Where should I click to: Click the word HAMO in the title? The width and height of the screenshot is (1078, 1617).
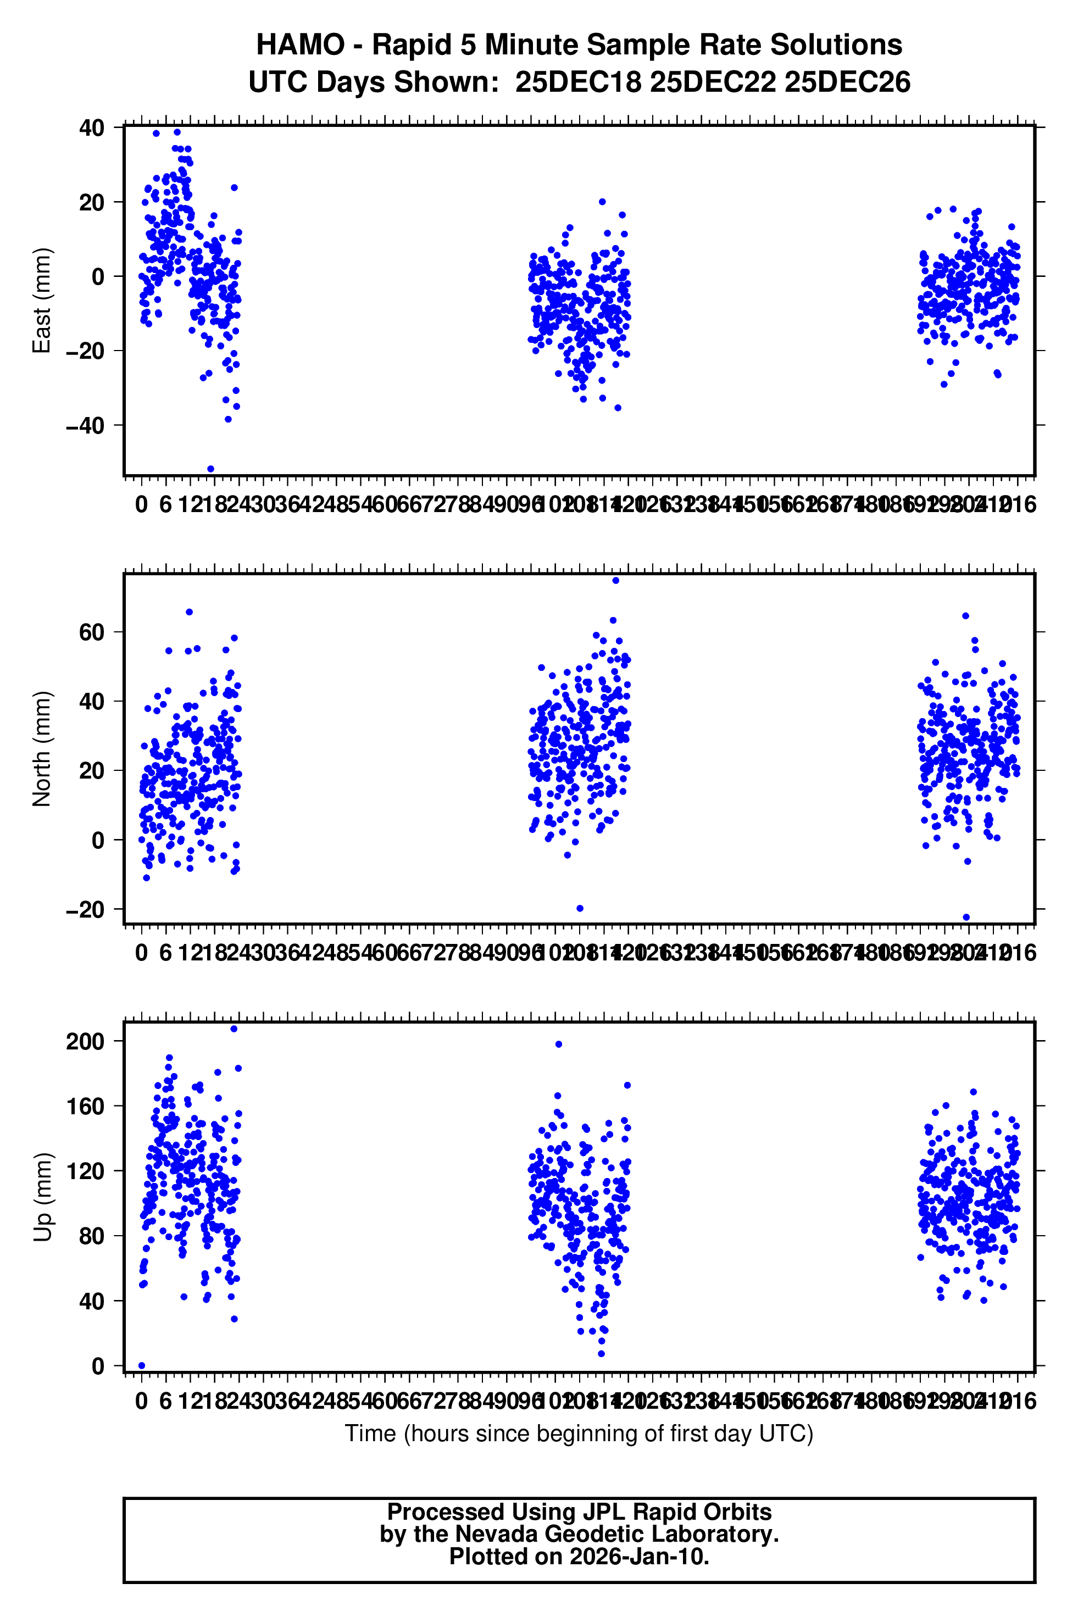click(301, 46)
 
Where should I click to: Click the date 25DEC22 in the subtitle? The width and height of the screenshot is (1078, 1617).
click(712, 82)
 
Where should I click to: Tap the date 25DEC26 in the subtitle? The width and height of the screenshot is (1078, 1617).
click(847, 82)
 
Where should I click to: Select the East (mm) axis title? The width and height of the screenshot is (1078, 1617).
click(42, 301)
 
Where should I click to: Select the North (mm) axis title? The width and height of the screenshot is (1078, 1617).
click(42, 749)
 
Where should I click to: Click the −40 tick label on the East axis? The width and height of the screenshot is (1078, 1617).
click(85, 426)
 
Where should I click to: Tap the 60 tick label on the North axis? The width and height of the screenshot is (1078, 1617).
click(91, 632)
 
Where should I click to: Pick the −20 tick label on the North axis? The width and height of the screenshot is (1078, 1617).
click(85, 909)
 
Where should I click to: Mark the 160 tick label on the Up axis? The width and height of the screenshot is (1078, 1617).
click(85, 1106)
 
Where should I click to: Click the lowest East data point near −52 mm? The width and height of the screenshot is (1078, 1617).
click(210, 469)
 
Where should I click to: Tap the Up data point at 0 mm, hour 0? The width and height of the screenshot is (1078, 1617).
click(142, 1365)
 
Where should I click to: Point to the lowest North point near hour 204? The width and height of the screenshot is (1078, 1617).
click(966, 917)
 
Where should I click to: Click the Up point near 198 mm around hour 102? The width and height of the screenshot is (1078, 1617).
click(559, 1044)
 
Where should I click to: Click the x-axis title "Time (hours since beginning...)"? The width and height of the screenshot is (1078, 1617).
click(579, 1434)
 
